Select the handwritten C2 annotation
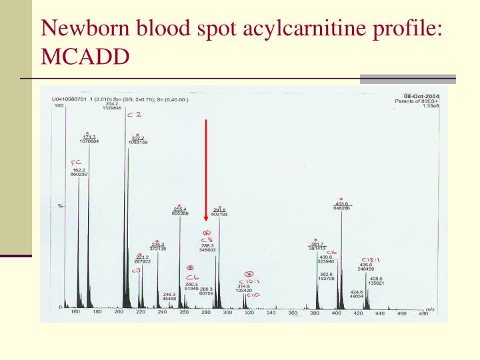[134, 114]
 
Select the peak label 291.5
[220, 209]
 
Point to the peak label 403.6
[342, 204]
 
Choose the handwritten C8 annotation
[206, 238]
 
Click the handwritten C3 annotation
[136, 270]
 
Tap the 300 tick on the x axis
[228, 312]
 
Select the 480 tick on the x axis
[423, 312]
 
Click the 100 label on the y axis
[59, 106]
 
